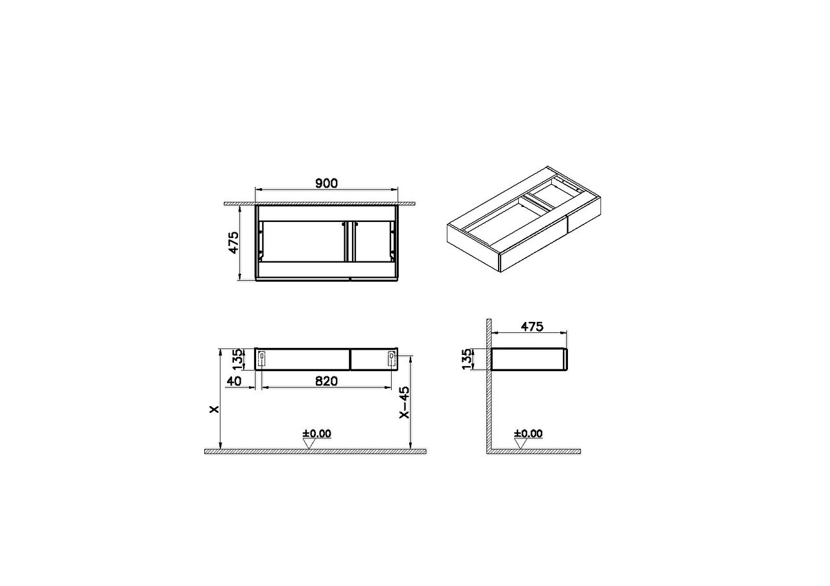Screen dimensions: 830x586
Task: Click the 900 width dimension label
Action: (x=326, y=183)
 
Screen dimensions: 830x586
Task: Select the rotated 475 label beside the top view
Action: (x=233, y=243)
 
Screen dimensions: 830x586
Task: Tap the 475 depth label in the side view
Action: (x=532, y=327)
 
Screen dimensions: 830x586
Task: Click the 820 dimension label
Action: (x=326, y=381)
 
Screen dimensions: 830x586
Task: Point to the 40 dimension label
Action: (x=234, y=381)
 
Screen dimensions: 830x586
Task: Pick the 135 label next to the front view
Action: (x=237, y=360)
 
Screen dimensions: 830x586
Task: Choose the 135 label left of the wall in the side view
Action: (x=468, y=359)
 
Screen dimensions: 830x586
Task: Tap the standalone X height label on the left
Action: (x=214, y=409)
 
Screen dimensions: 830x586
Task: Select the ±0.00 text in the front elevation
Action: (x=317, y=433)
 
